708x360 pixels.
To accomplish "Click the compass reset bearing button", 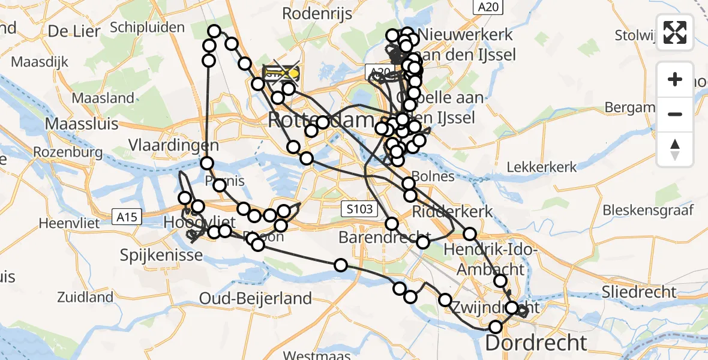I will (x=675, y=149).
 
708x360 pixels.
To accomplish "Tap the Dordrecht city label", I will (x=536, y=343).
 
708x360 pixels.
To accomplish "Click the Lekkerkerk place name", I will (x=542, y=167).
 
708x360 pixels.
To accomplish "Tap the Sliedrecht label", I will (x=640, y=292).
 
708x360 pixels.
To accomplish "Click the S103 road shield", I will (x=359, y=209).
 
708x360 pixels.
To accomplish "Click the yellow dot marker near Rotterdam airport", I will (x=293, y=74).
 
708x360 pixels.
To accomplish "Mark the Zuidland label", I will (x=85, y=296).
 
